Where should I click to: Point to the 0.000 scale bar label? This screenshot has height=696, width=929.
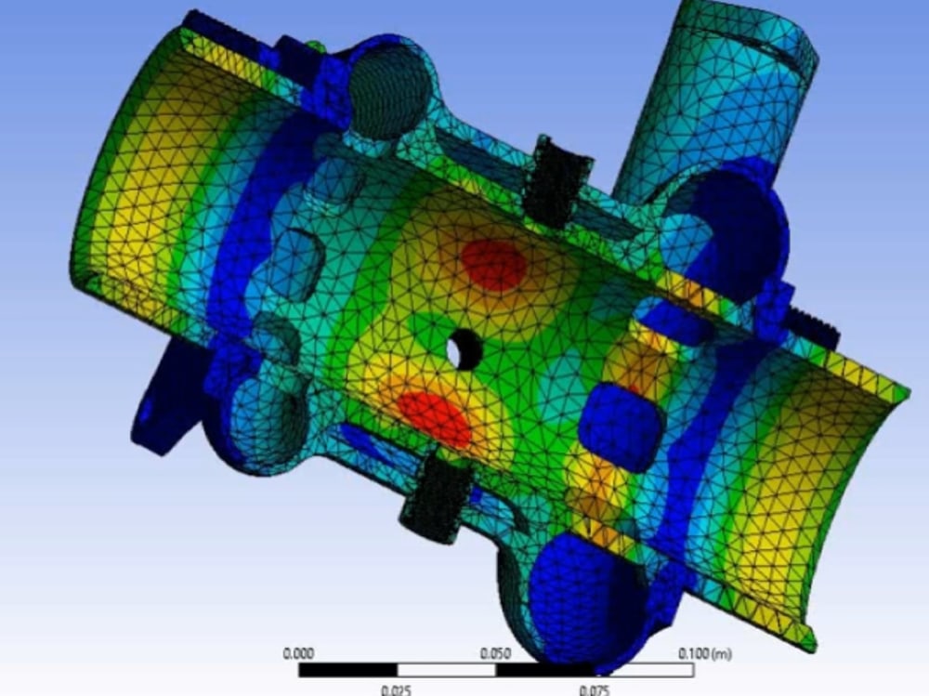click(298, 653)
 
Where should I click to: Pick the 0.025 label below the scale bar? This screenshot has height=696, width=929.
click(397, 689)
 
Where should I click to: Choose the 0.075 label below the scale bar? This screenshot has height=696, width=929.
click(595, 689)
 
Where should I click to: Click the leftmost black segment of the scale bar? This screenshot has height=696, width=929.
click(347, 670)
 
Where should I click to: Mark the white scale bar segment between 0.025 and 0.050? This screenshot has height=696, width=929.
click(446, 670)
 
